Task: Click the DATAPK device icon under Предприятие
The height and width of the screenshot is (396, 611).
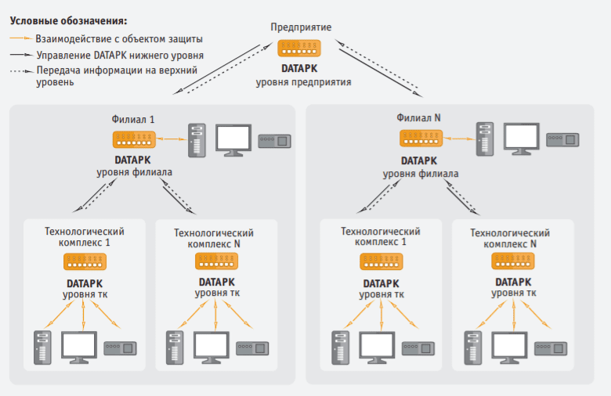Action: point(303,49)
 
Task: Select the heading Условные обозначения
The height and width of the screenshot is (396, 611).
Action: point(67,20)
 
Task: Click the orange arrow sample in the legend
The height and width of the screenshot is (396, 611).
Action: point(21,38)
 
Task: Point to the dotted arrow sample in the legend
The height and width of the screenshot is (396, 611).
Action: point(21,70)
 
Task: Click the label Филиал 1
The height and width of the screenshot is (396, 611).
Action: point(133,119)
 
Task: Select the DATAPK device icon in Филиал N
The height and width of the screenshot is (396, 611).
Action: point(421,139)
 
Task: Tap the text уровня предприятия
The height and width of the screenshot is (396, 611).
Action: point(303,81)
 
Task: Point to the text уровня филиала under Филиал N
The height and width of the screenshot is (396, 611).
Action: point(421,173)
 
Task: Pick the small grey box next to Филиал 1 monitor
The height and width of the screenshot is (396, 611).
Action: point(274,141)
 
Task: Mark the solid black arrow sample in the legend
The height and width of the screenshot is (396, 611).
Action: point(21,56)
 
